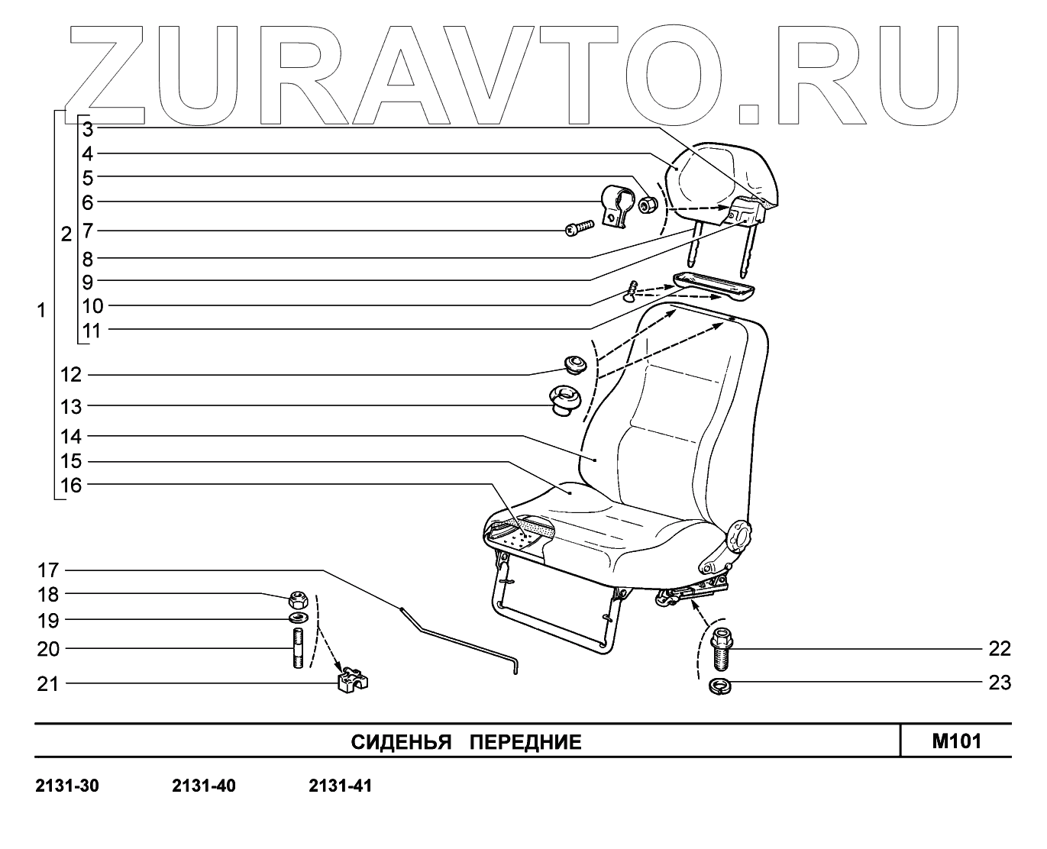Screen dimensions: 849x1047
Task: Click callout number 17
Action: (x=47, y=570)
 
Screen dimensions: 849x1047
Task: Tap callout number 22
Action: (x=999, y=649)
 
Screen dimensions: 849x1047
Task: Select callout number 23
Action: (x=999, y=683)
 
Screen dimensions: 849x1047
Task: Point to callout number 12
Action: (x=71, y=375)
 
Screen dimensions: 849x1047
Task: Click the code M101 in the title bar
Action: (x=956, y=741)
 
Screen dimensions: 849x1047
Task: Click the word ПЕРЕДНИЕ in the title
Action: (x=525, y=742)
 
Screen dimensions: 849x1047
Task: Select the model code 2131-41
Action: (x=341, y=786)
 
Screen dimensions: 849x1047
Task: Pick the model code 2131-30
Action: (x=67, y=786)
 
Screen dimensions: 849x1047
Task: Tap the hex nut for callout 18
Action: (x=298, y=596)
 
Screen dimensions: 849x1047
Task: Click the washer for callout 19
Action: (x=298, y=617)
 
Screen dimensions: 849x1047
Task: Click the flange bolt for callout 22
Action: (x=719, y=647)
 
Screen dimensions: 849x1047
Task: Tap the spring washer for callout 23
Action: (x=719, y=685)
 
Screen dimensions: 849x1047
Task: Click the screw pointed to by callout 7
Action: (x=580, y=228)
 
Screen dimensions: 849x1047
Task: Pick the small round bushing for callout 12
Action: (x=574, y=364)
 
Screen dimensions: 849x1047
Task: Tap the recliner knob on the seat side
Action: (x=738, y=535)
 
